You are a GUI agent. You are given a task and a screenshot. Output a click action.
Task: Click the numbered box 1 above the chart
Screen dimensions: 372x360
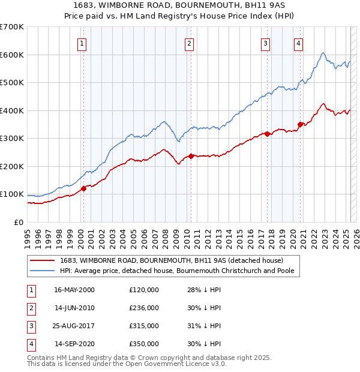(81, 43)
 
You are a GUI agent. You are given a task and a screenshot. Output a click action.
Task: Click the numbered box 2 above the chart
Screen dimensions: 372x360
(189, 43)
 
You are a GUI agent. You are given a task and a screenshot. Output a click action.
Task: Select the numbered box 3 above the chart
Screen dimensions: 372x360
(265, 43)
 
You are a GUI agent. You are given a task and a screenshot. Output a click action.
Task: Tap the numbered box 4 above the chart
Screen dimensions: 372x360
(298, 43)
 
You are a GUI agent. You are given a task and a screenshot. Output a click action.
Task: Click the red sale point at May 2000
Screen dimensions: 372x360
(83, 188)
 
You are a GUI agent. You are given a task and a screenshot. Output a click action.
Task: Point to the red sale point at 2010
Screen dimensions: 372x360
(191, 156)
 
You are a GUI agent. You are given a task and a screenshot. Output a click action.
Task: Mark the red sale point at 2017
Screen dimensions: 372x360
(267, 134)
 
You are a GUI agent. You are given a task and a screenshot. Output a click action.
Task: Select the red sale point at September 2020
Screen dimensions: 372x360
(300, 124)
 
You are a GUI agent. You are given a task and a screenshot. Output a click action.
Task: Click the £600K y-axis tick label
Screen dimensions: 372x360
(12, 55)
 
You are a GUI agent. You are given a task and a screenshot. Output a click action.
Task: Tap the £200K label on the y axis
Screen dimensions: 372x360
(12, 166)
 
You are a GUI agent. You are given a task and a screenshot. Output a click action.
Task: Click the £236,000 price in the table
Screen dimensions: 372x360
(144, 308)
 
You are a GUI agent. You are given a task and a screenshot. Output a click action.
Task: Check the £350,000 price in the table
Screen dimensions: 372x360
(144, 344)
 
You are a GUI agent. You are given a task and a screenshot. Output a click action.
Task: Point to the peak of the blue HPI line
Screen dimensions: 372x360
(323, 53)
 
